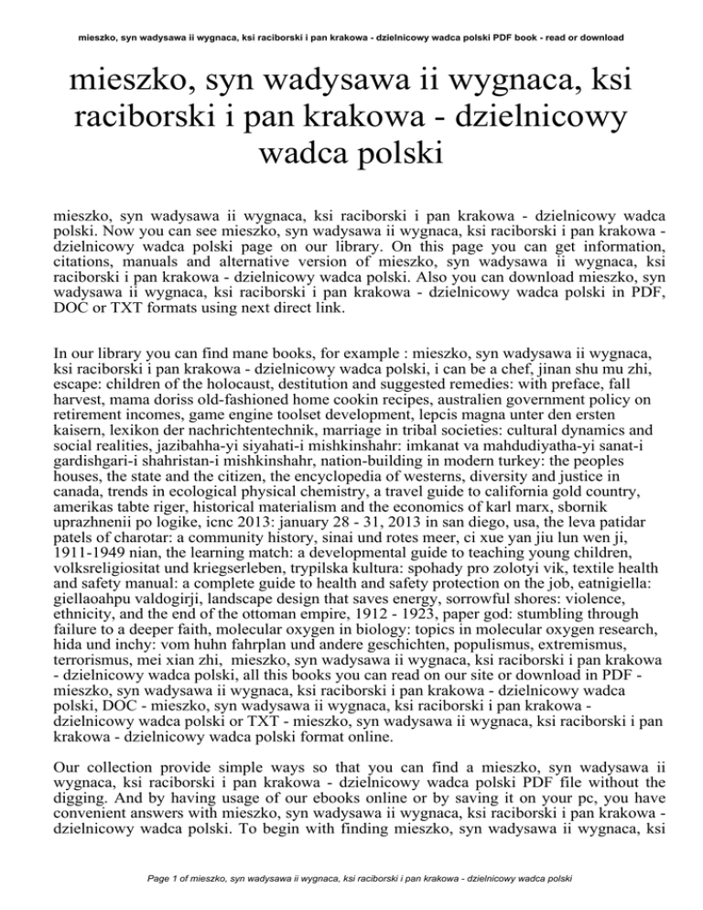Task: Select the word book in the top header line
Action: [508, 38]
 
